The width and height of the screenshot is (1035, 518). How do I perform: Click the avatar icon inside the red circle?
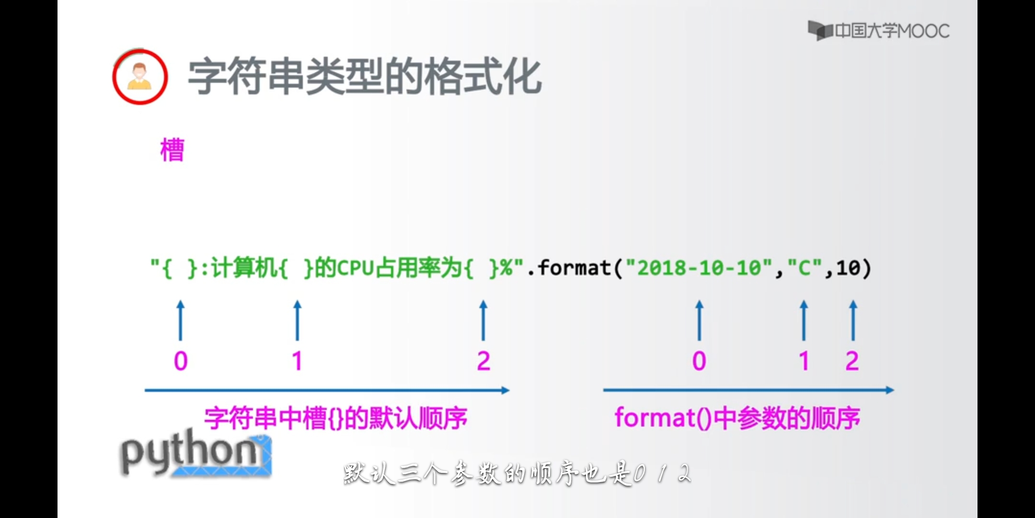point(139,77)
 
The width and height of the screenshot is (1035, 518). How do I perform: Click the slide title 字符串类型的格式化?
point(364,77)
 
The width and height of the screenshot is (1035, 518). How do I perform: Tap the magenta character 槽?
point(172,150)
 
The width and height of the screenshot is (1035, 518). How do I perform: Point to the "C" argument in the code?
point(805,268)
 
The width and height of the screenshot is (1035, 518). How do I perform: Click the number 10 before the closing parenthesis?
point(848,268)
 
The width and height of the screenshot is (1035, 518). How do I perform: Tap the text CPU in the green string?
point(355,268)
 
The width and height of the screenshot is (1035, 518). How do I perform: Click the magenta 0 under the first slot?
point(181,361)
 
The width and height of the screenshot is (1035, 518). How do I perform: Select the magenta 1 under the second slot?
point(297,361)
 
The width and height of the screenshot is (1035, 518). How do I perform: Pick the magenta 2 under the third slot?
point(483,361)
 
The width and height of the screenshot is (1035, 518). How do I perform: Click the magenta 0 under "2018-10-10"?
point(699,361)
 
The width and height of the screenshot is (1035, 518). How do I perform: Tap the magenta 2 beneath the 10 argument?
point(852,361)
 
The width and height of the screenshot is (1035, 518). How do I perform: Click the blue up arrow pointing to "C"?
point(804,320)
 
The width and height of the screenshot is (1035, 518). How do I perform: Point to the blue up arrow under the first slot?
point(181,320)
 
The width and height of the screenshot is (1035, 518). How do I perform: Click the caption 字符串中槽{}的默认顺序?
point(335,418)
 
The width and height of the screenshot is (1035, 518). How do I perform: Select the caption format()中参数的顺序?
point(737,418)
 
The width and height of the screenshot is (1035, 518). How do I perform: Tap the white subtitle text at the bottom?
point(517,474)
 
